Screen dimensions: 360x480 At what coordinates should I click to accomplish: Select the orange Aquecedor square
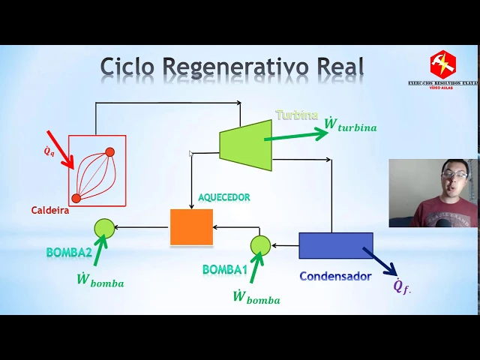tap(191, 226)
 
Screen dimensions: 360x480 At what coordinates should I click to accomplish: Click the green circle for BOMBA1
tap(260, 244)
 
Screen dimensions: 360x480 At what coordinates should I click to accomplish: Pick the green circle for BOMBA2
tap(104, 228)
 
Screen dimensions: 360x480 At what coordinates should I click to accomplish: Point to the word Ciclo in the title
tap(127, 67)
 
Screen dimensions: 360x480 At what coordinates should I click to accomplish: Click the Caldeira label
tap(50, 211)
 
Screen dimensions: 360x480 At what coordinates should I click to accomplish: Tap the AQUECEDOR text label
tap(223, 197)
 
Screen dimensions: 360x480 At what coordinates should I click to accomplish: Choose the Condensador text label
tap(335, 276)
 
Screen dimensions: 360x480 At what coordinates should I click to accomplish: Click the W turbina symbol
tap(350, 126)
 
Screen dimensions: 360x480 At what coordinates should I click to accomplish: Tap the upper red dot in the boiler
tap(109, 152)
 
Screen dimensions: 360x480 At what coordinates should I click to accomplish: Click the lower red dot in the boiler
tap(76, 198)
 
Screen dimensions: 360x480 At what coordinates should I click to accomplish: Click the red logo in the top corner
tap(442, 64)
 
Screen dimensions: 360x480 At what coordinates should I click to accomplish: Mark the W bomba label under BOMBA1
tap(256, 298)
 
